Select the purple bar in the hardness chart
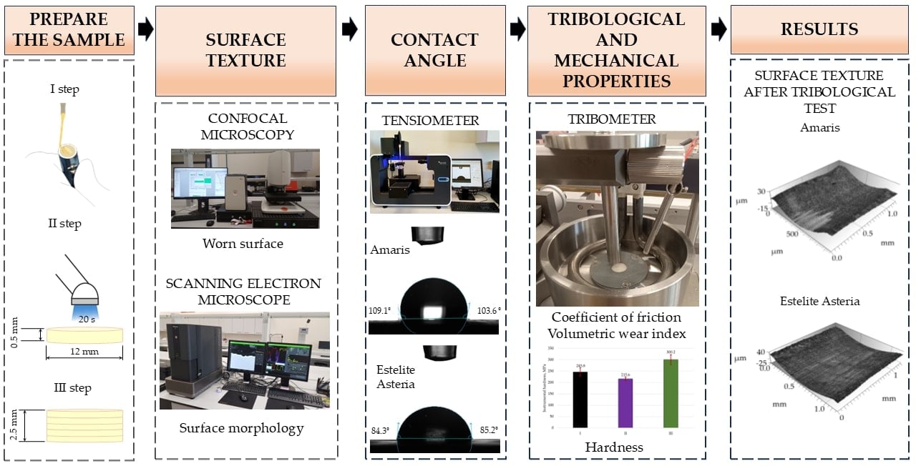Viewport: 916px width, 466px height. point(624,404)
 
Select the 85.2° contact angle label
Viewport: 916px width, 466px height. point(486,430)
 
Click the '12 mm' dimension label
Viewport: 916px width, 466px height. point(84,352)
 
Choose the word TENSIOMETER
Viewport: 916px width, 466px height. point(432,121)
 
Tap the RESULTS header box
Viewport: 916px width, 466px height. point(819,30)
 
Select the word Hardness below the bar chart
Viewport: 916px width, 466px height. point(614,447)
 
